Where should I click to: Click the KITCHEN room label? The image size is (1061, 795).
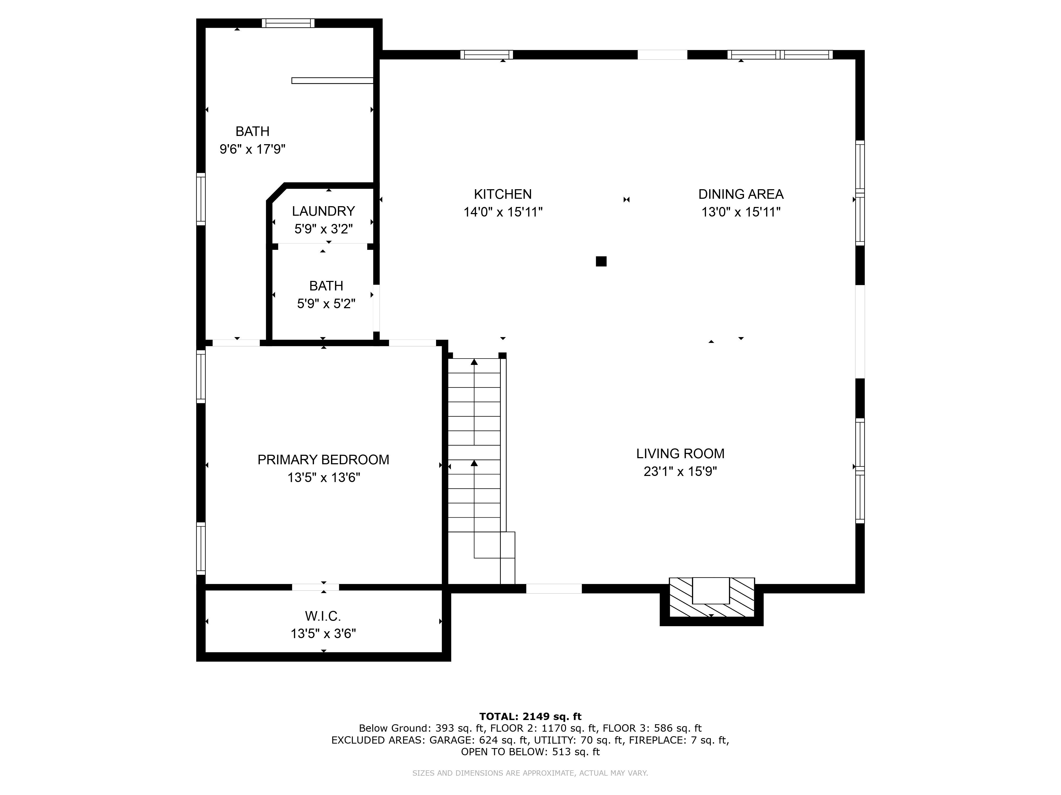coord(503,194)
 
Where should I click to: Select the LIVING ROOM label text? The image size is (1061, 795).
coord(680,453)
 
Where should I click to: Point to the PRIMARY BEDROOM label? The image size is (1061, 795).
coord(323,460)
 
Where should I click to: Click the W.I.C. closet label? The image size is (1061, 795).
coord(323,616)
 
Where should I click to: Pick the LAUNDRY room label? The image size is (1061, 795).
coord(323,211)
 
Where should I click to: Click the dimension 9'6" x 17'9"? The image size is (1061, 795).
coord(252,149)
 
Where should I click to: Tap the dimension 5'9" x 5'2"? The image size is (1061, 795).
coord(326,304)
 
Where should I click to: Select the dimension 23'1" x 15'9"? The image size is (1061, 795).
coord(680,471)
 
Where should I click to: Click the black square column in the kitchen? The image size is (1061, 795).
coord(601,261)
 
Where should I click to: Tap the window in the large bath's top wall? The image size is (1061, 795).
coord(288,23)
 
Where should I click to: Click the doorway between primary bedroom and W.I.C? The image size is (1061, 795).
coord(315,587)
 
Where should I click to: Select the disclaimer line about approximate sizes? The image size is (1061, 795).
coord(530,773)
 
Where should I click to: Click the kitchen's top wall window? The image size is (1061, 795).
coord(486,55)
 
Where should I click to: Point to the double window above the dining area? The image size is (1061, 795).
coord(780,55)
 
